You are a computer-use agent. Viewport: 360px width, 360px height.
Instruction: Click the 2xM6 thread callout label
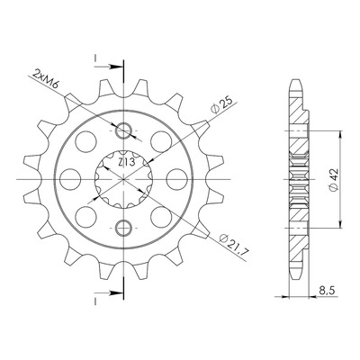tap(46, 79)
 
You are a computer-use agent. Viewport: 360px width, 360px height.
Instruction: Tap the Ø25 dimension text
tap(221, 105)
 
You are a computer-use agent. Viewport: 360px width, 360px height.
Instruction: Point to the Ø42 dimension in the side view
tap(334, 180)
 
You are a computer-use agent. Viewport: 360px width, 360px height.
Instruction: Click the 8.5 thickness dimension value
tap(327, 291)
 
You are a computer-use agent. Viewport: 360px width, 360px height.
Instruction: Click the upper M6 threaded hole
tap(123, 131)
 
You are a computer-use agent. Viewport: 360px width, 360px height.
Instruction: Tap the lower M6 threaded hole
tap(123, 228)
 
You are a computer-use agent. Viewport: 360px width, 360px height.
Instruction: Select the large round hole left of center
tap(70, 179)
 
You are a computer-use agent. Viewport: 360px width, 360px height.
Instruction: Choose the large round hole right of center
tap(176, 179)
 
